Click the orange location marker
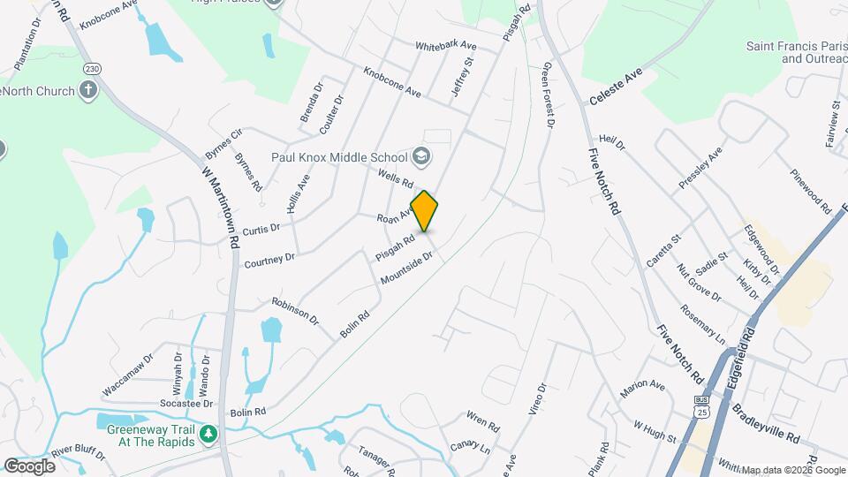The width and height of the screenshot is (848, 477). click(x=425, y=210)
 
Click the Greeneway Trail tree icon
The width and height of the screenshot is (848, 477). click(x=208, y=434)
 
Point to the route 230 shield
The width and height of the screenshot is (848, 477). click(x=92, y=68)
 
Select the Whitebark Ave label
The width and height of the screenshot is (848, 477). click(x=445, y=46)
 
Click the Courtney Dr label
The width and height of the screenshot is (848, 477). click(x=269, y=261)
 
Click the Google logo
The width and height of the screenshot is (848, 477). click(x=29, y=466)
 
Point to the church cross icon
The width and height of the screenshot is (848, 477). click(x=87, y=89)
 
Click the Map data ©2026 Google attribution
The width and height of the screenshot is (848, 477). click(x=792, y=470)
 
